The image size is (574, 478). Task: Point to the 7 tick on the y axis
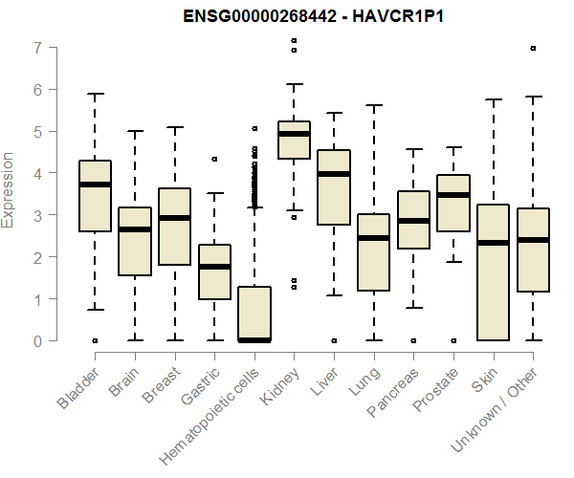[37, 48]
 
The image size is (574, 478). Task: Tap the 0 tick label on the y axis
[37, 341]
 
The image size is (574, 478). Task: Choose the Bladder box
[95, 196]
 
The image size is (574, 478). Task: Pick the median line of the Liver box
[333, 174]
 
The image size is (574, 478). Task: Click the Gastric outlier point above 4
[214, 159]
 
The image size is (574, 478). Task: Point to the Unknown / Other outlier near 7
[533, 48]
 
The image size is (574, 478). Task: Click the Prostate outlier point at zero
[453, 340]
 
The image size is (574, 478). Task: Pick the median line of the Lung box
[373, 238]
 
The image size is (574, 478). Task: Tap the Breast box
[174, 227]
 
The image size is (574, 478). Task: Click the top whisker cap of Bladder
[95, 94]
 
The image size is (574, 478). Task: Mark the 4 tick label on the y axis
[37, 174]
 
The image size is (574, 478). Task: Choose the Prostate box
[453, 203]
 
